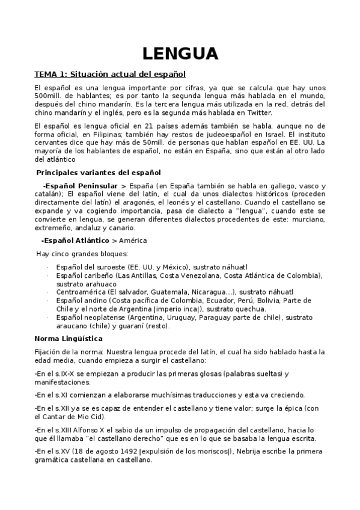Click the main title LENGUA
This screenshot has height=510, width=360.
[x=180, y=54]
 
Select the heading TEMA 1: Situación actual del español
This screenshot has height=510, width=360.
[x=110, y=75]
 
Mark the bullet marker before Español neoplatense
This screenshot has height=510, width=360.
[x=48, y=317]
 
